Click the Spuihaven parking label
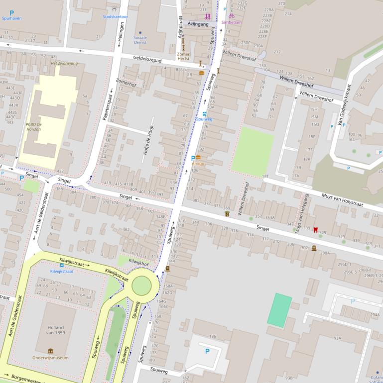pos(11,18)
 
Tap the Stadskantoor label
pos(115,16)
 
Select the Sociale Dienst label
pos(140,40)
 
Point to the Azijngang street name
pos(198,23)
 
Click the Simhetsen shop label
pos(232,22)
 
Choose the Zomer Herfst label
pos(184,57)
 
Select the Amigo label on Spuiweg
pos(198,164)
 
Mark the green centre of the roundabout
pos(141,286)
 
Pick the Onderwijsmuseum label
pos(50,357)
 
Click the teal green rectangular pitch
pos(279,310)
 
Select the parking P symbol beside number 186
pos(207,351)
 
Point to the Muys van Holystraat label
pos(342,199)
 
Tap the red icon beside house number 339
pos(315,229)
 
